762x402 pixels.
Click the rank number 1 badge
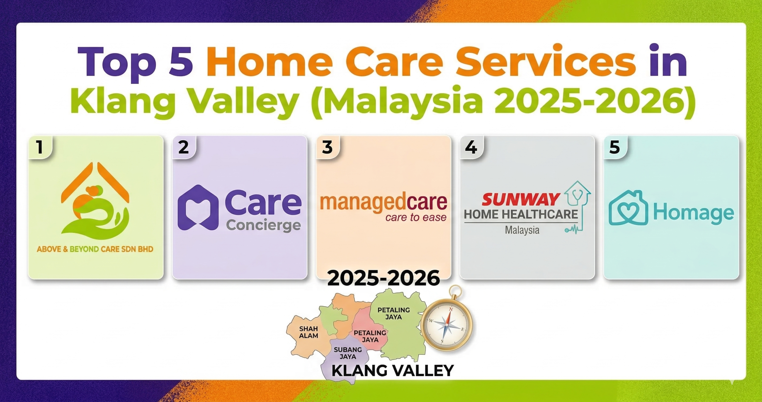40,147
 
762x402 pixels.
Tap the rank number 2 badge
184,147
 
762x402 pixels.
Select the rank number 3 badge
327,147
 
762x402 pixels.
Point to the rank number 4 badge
471,147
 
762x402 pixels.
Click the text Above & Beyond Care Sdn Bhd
95,249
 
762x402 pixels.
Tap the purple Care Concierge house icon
198,208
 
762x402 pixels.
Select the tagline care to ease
416,218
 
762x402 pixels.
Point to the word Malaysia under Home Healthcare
522,230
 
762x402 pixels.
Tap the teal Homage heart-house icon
628,208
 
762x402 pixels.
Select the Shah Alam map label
309,332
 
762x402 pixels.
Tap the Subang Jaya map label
348,353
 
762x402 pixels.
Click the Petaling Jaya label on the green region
394,313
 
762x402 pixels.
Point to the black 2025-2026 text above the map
383,278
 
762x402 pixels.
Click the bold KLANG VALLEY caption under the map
393,370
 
